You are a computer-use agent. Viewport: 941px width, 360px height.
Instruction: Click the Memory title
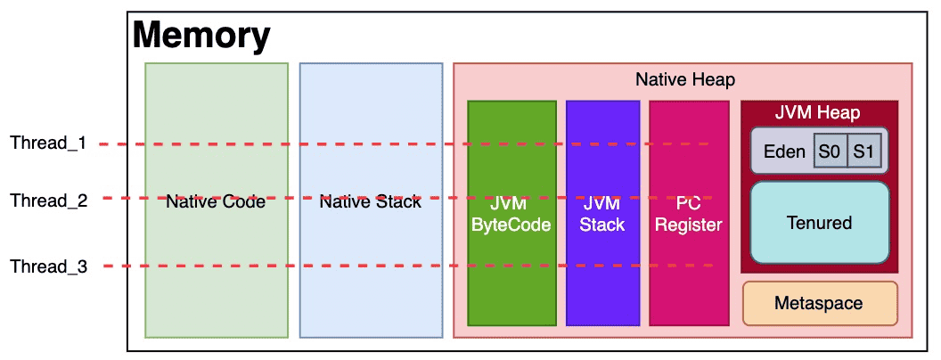pos(201,35)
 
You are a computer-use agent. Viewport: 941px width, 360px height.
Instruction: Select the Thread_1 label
pos(49,144)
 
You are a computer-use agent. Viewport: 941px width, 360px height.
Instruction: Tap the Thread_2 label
pos(49,200)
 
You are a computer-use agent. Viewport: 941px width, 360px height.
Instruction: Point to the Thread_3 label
pos(49,266)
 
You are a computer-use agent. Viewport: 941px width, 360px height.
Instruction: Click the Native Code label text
pos(216,202)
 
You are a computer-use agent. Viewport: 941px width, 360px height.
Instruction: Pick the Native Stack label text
pos(371,202)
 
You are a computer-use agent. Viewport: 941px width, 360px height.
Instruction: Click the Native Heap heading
pos(685,80)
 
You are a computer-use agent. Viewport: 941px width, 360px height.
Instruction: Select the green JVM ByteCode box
pos(511,213)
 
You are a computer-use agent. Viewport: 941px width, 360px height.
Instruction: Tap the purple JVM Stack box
pos(602,213)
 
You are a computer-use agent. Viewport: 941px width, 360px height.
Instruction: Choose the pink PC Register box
pos(689,213)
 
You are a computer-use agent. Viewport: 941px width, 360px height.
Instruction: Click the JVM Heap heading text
pos(819,112)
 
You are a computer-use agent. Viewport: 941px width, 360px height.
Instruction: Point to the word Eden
pos(784,151)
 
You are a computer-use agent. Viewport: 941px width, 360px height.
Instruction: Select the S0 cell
pos(830,151)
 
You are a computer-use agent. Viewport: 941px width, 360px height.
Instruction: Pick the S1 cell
pos(863,151)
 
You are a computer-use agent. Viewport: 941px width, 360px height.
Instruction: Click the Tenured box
pos(819,223)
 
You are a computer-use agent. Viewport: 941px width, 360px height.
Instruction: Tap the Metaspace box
pos(820,303)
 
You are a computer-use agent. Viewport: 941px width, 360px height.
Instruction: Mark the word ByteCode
pos(511,225)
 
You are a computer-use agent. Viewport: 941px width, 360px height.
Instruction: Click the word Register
pos(689,225)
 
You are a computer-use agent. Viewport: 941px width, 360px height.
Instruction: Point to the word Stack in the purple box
pos(602,225)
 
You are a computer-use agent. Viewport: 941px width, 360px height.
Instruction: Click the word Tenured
pos(819,223)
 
